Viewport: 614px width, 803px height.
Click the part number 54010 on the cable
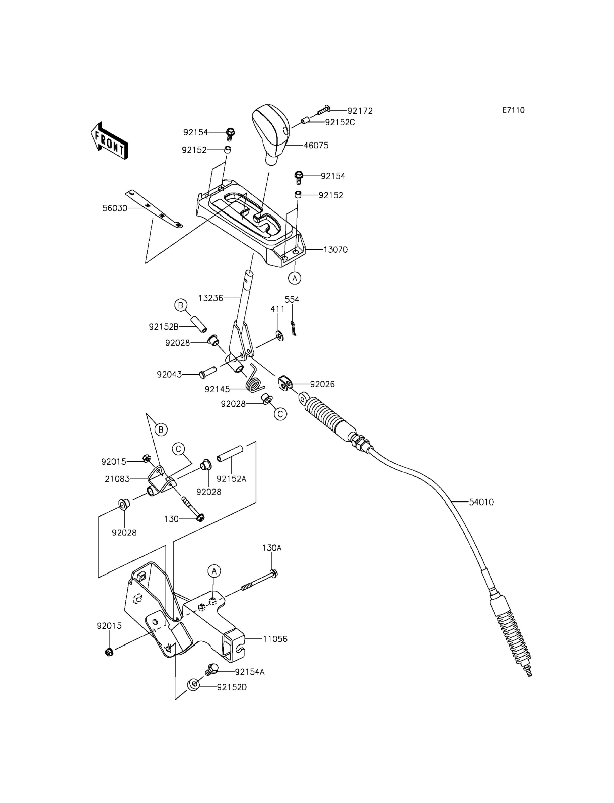tap(481, 502)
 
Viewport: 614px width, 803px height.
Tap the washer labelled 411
tap(279, 335)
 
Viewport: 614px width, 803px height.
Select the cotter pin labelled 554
tap(293, 328)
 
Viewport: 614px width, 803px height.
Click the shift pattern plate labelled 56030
tap(154, 209)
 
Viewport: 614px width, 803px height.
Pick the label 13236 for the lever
tap(211, 298)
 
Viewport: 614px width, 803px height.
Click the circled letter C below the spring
tap(280, 414)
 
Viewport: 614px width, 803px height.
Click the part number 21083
tap(117, 479)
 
